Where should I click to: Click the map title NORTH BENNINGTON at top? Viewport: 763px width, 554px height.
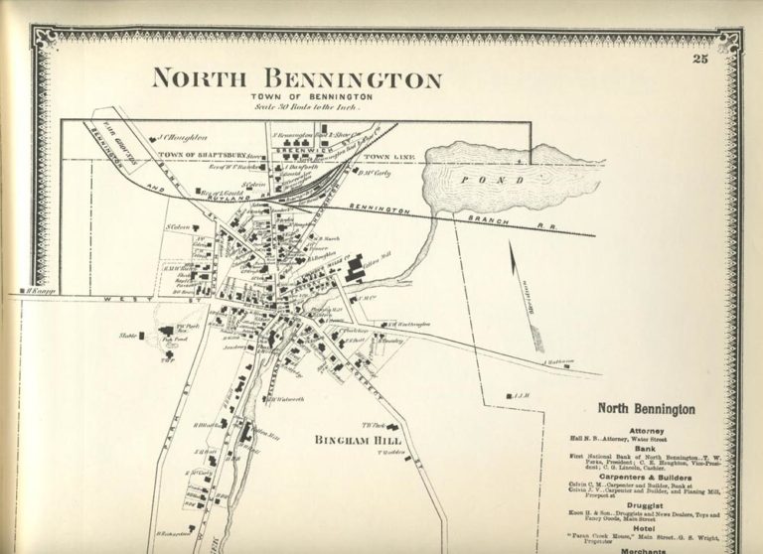coord(296,78)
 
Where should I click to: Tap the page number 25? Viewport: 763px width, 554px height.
coord(700,62)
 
